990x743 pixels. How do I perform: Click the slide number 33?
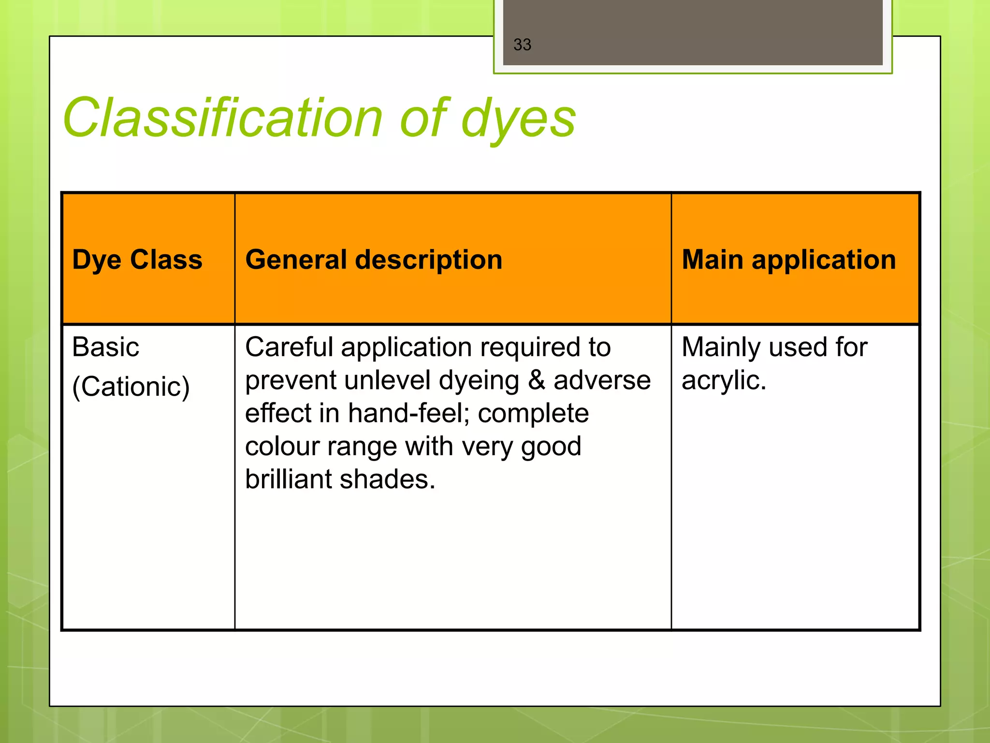pyautogui.click(x=522, y=45)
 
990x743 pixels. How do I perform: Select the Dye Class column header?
pyautogui.click(x=137, y=260)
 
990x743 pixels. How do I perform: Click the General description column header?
pyautogui.click(x=374, y=260)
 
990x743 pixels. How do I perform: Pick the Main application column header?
pyautogui.click(x=788, y=260)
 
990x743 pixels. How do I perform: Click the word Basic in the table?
pyautogui.click(x=106, y=347)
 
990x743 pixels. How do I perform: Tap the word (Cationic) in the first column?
pyautogui.click(x=131, y=387)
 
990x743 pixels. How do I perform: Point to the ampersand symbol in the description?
pyautogui.click(x=536, y=380)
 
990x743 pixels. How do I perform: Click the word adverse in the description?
pyautogui.click(x=602, y=380)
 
